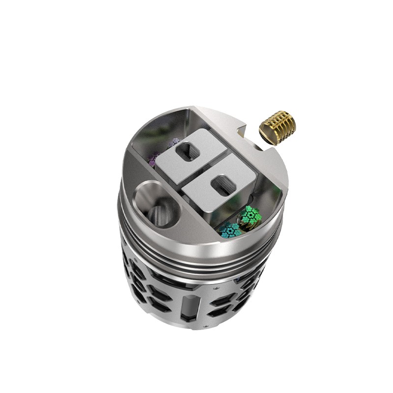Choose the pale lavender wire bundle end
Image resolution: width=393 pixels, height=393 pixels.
point(173,143)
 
